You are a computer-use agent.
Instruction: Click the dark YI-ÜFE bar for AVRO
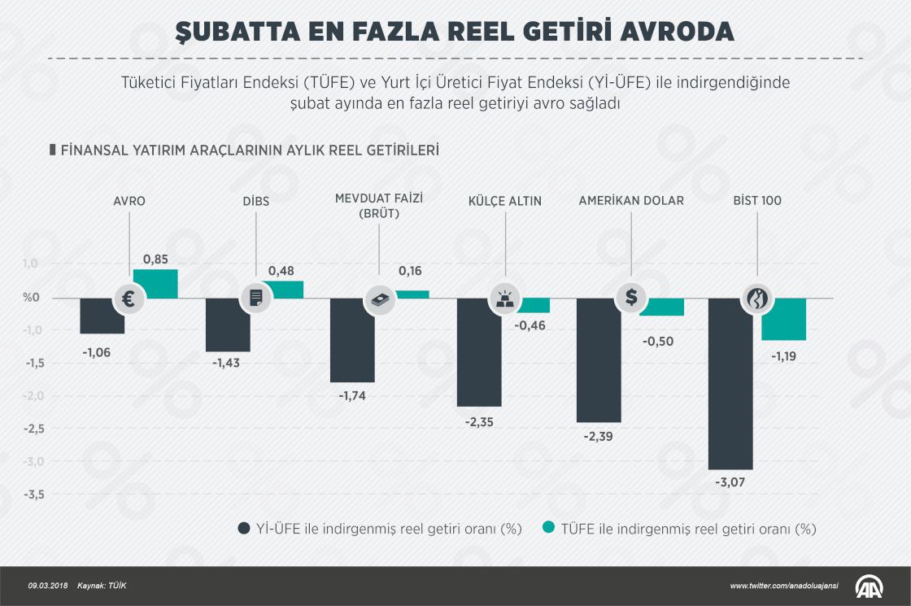(x=102, y=316)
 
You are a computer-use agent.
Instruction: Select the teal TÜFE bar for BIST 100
(x=783, y=319)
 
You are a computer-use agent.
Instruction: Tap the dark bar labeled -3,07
(x=730, y=383)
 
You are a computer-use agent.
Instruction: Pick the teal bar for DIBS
(x=282, y=290)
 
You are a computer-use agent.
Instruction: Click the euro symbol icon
(x=129, y=299)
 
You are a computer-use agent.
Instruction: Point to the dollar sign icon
(x=631, y=298)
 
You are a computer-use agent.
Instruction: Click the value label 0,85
(x=155, y=259)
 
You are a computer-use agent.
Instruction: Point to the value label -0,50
(x=658, y=342)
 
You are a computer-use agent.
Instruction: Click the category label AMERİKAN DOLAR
(x=631, y=201)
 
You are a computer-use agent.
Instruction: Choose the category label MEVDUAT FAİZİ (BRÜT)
(x=379, y=206)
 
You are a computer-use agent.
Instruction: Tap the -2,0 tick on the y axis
(x=33, y=396)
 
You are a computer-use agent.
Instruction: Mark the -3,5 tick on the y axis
(x=33, y=495)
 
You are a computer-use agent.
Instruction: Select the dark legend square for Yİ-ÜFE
(x=243, y=529)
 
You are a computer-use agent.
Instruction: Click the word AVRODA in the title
(x=667, y=32)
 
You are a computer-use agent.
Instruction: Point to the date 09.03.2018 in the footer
(x=46, y=586)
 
